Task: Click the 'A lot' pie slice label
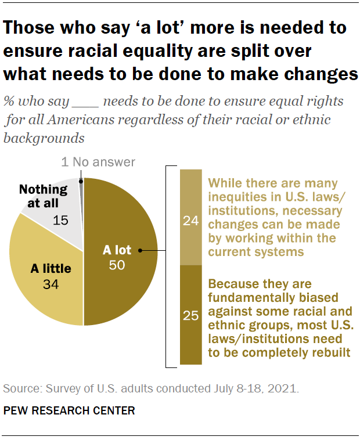[x=117, y=251]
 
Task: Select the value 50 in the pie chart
[x=118, y=265]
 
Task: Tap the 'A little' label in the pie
[x=51, y=269]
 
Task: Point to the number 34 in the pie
[x=51, y=284]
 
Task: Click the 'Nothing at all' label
[x=44, y=196]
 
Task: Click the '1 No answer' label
[x=98, y=162]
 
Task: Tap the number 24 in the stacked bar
[x=190, y=221]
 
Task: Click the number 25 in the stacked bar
[x=190, y=316]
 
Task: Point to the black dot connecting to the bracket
[x=141, y=251]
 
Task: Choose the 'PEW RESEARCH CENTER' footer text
[x=69, y=410]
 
